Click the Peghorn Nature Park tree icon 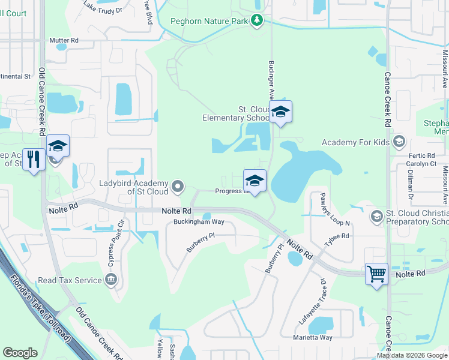(257, 21)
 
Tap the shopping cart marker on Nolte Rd (376, 274)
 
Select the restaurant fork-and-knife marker (34, 160)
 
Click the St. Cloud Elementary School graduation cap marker (280, 112)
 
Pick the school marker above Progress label (255, 181)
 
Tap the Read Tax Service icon (110, 279)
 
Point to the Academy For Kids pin (399, 142)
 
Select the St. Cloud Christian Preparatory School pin (376, 216)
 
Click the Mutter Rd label (64, 41)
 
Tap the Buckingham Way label (199, 221)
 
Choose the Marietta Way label (316, 337)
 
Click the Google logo (20, 353)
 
